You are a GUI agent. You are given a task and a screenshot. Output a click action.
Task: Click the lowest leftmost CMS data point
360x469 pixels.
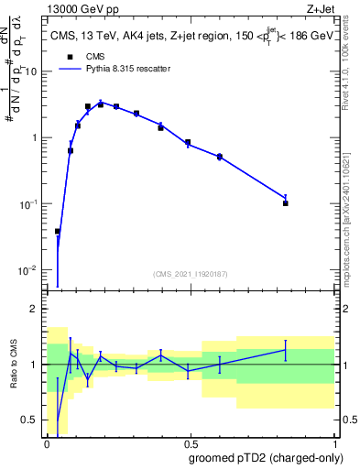[58, 232]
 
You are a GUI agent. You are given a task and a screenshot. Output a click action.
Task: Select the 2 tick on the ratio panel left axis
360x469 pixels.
[36, 309]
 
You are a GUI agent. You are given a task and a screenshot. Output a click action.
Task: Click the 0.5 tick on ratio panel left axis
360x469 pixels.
[31, 420]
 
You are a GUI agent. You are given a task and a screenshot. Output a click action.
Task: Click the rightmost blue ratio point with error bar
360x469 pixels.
[286, 350]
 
